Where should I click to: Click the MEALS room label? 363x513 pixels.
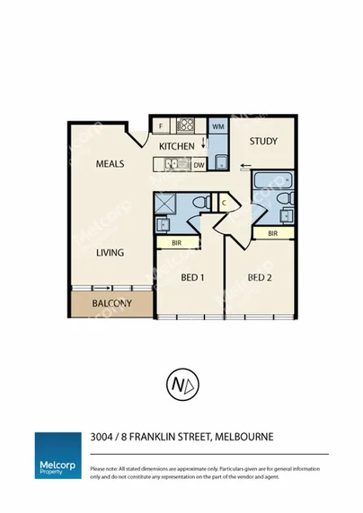(110, 164)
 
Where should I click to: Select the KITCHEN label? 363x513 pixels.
(177, 145)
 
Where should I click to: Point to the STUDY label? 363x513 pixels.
(263, 142)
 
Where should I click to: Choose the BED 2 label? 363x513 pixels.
(260, 278)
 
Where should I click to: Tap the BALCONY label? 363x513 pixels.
(112, 303)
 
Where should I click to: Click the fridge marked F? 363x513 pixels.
(161, 126)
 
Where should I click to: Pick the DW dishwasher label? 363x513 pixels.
(199, 165)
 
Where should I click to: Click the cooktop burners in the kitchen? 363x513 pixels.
(187, 126)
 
